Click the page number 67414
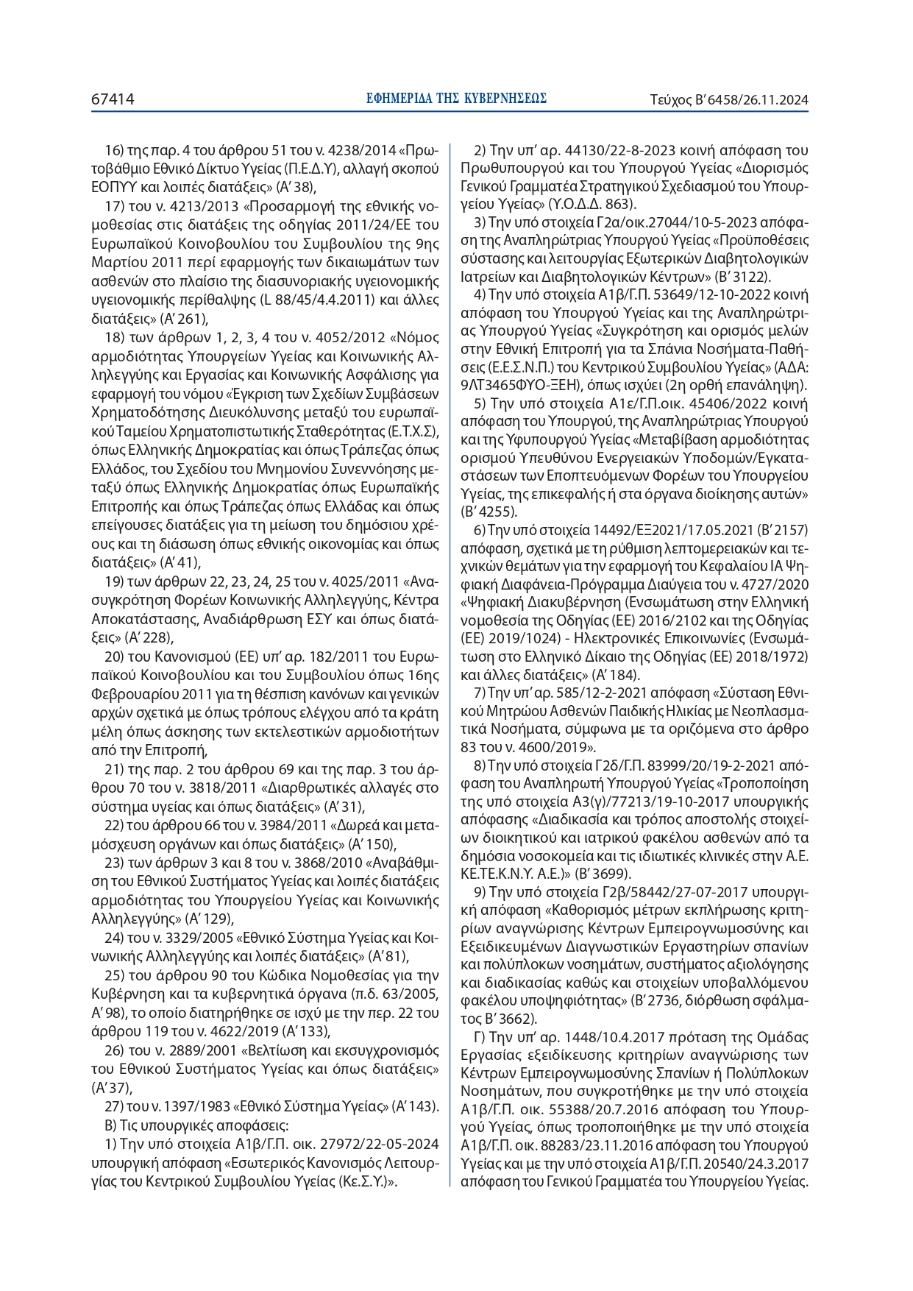click(x=113, y=99)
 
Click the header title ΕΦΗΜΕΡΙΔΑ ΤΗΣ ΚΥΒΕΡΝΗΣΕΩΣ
click(x=456, y=99)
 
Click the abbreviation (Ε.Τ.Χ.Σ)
click(x=408, y=431)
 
